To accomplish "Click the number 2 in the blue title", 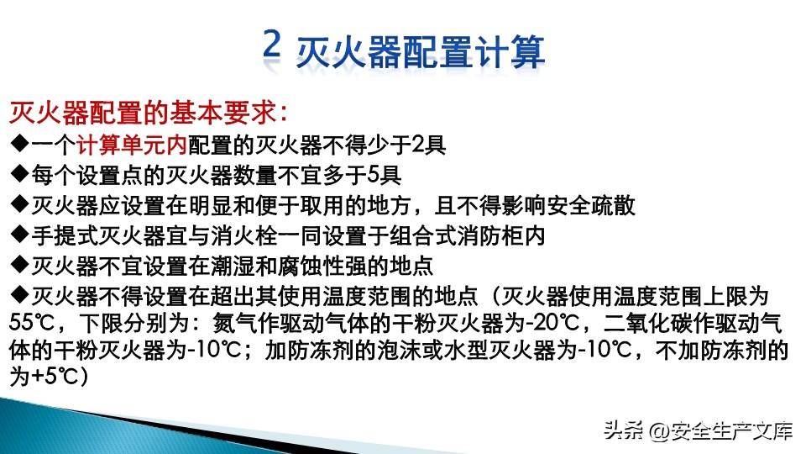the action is point(272,44).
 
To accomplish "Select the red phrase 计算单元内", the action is point(131,145).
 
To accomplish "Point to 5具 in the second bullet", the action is point(385,175).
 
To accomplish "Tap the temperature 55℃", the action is point(31,323).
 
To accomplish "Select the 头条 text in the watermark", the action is point(623,430).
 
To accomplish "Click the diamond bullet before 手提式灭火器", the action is point(19,235).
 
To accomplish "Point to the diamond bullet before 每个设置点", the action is point(19,174).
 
